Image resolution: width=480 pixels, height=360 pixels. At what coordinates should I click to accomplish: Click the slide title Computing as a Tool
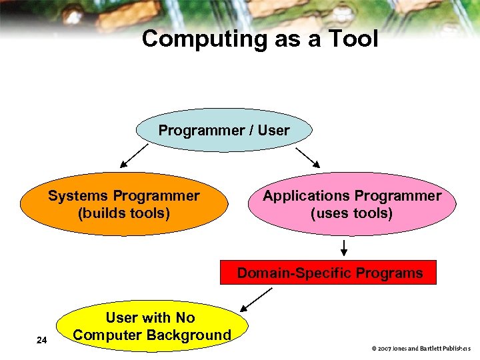click(x=259, y=39)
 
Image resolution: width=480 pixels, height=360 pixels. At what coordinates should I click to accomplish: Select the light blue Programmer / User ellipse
click(x=224, y=130)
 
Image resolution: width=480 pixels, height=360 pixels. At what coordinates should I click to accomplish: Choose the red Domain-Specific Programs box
click(x=329, y=273)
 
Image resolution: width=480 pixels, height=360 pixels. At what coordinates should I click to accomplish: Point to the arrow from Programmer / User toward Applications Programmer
click(x=308, y=156)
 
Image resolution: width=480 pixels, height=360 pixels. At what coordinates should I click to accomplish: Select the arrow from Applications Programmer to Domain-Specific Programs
click(x=344, y=247)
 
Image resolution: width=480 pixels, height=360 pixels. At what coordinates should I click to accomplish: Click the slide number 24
click(x=42, y=341)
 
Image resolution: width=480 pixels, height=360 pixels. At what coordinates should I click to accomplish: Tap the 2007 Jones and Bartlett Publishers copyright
click(x=421, y=348)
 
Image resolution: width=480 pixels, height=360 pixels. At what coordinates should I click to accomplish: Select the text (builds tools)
click(x=124, y=213)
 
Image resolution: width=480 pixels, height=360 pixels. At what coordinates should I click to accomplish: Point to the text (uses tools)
click(x=352, y=213)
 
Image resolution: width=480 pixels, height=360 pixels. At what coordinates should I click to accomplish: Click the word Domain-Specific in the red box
click(x=294, y=273)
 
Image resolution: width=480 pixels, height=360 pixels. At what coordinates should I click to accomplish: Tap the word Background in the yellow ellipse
click(x=191, y=335)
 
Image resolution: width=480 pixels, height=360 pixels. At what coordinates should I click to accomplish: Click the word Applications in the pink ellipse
click(x=306, y=196)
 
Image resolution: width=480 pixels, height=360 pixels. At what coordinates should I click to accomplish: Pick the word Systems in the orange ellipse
click(x=78, y=196)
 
